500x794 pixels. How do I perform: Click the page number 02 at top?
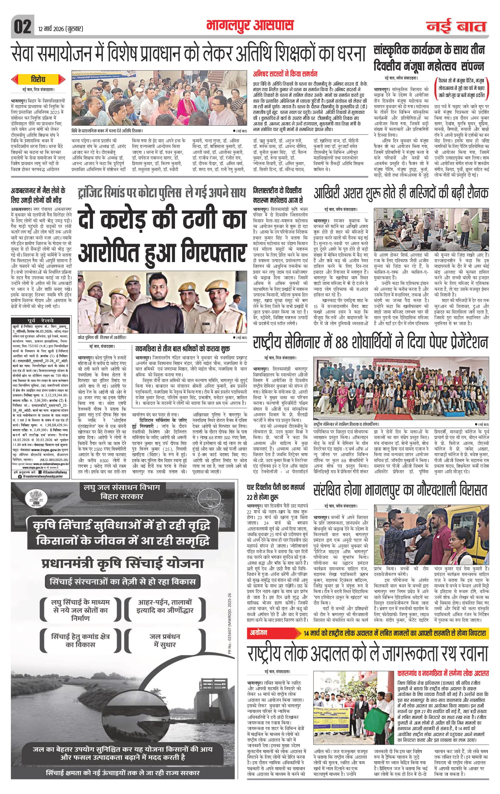[x=22, y=27]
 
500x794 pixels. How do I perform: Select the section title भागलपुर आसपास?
[x=250, y=26]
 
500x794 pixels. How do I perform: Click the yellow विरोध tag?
[x=39, y=79]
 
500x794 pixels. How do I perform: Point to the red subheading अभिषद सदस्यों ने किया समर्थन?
[x=285, y=74]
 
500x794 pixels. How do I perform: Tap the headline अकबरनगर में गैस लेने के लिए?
[x=38, y=195]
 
